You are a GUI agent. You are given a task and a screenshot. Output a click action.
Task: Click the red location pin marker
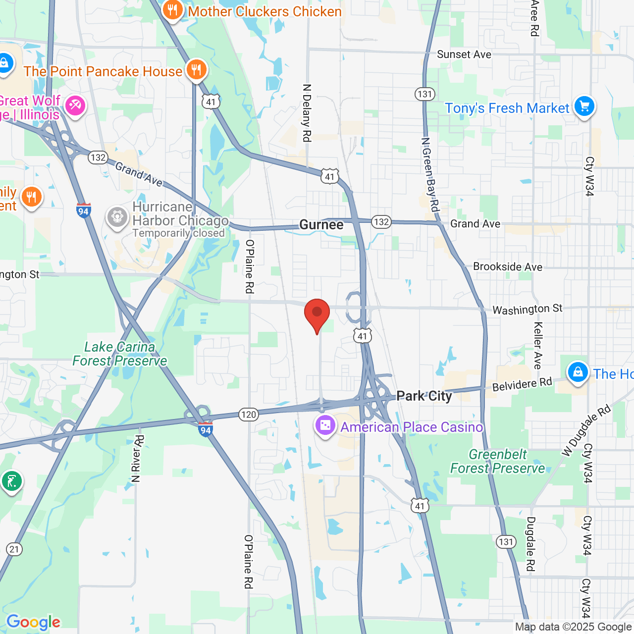pos(317,314)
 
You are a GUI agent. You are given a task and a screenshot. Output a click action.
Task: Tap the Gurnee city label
pos(321,225)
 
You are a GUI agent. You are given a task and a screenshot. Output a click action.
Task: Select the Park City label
pos(424,396)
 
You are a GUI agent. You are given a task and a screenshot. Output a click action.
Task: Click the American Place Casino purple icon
pos(325,426)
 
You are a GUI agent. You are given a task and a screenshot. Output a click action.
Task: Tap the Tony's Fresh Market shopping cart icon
pos(584,106)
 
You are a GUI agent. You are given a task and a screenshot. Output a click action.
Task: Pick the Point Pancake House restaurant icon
pos(197,70)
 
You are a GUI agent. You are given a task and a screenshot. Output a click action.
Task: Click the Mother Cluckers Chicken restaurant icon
pos(172,10)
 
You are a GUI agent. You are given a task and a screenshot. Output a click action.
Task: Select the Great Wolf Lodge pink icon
pos(75,106)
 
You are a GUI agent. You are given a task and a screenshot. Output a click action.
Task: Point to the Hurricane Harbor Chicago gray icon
pos(117,217)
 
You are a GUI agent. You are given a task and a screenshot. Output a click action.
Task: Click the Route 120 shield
pos(249,415)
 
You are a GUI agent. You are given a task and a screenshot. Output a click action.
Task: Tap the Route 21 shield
pos(14,549)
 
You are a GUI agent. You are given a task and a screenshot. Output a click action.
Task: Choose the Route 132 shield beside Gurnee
pos(381,221)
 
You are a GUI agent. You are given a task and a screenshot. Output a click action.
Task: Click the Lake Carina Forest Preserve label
pos(120,354)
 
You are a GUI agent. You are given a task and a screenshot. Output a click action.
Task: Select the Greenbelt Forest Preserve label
pos(497,461)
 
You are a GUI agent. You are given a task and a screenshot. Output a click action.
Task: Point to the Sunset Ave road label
pos(464,54)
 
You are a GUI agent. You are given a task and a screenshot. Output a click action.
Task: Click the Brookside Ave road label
pos(508,267)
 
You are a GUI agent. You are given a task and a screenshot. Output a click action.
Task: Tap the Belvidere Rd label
pos(522,384)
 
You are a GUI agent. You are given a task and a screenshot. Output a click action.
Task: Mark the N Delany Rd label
pos(307,113)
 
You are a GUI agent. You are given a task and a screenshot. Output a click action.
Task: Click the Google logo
pos(33,622)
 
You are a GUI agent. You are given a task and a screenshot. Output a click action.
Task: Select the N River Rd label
pos(137,459)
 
